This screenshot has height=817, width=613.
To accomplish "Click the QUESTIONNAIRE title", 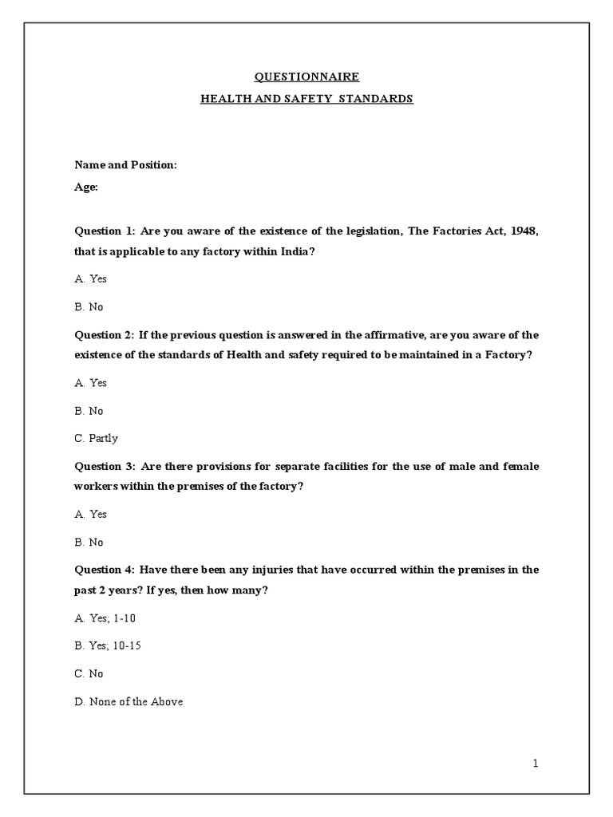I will click(306, 77).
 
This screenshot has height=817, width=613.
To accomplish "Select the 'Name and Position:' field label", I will click(125, 164).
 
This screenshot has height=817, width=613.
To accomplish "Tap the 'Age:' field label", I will click(86, 187).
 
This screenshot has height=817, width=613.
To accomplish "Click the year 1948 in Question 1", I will click(524, 231).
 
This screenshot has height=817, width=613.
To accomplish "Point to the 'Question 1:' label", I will click(105, 231).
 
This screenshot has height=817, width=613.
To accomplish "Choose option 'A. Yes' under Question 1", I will click(91, 279).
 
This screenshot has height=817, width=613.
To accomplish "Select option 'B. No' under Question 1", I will click(89, 307).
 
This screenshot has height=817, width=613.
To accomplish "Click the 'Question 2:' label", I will click(105, 335).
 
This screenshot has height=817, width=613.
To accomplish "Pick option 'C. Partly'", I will click(96, 438).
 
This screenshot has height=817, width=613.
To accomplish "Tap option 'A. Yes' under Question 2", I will click(91, 383).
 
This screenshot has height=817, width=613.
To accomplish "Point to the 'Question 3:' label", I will click(105, 466).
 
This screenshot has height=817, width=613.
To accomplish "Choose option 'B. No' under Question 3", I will click(89, 542).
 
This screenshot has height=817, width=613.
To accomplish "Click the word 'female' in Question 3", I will click(520, 466).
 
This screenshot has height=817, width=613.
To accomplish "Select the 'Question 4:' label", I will click(105, 570).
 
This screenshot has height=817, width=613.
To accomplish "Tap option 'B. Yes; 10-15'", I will click(108, 645).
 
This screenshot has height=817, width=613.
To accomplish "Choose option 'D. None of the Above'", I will click(129, 701).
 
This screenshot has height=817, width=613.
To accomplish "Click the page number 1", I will click(536, 764).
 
